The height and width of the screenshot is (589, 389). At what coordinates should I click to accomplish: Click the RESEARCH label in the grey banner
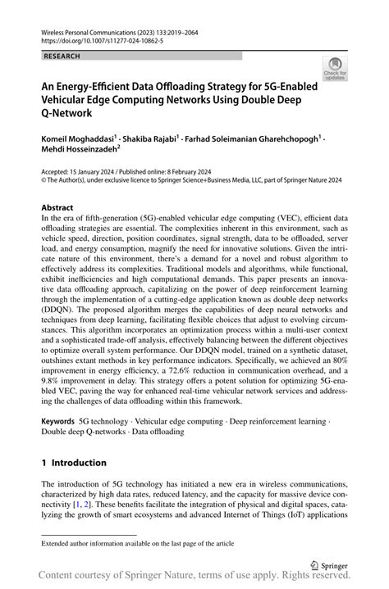(x=63, y=56)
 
